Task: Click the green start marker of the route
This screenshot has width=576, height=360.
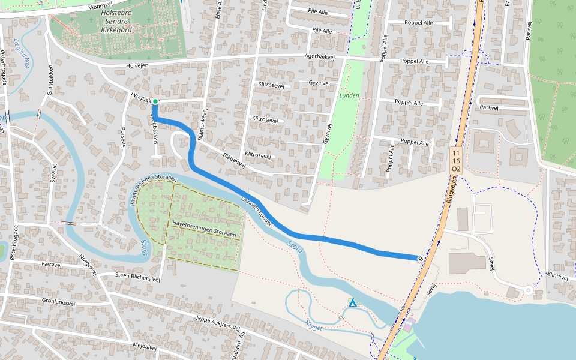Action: [155, 101]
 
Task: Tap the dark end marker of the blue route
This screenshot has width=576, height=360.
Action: [421, 258]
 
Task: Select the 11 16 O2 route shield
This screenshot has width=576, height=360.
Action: [456, 161]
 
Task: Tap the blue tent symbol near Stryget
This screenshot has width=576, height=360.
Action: [353, 303]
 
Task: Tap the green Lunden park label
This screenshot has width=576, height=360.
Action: [349, 95]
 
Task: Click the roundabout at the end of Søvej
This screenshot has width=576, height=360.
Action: [529, 290]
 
